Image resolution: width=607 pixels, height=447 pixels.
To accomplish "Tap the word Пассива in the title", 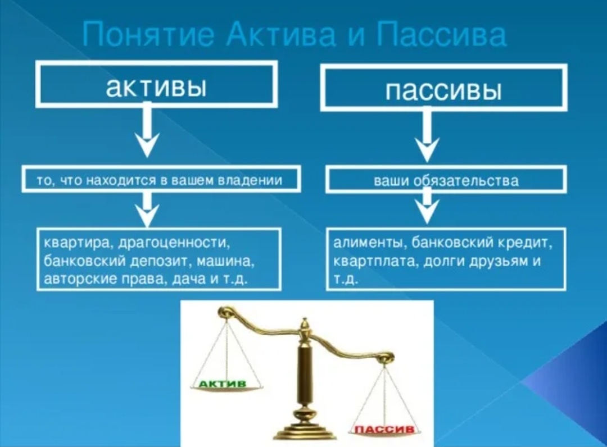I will (441, 35).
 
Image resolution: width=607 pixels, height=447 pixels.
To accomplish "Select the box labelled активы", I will (156, 84).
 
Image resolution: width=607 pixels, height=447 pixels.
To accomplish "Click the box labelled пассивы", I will (443, 87).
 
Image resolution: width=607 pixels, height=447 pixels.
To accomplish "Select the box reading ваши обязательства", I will (446, 181).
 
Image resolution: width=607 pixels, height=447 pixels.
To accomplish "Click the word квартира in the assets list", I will (71, 243).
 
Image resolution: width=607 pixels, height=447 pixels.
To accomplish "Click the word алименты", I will (368, 243).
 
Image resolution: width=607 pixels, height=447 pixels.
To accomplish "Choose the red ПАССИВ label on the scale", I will (382, 430).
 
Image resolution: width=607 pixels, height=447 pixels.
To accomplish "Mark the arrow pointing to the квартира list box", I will (147, 209).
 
